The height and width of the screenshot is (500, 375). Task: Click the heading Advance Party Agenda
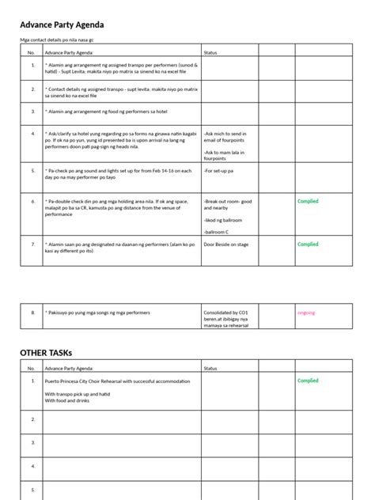pos(62,25)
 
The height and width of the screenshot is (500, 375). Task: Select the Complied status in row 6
pos(308,202)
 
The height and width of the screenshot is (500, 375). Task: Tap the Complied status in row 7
pos(308,244)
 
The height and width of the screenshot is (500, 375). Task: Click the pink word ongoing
pos(306,312)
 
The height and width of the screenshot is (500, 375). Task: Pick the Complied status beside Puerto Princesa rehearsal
pos(308,381)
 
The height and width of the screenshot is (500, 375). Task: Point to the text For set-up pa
pos(219,170)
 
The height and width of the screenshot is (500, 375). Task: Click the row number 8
pos(32,312)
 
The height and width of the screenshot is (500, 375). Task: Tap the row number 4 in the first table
pos(32,134)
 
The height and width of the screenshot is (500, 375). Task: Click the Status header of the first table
pos(210,52)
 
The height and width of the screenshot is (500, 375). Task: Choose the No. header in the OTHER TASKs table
pos(32,368)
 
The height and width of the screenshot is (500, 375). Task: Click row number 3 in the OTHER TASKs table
pos(32,443)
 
